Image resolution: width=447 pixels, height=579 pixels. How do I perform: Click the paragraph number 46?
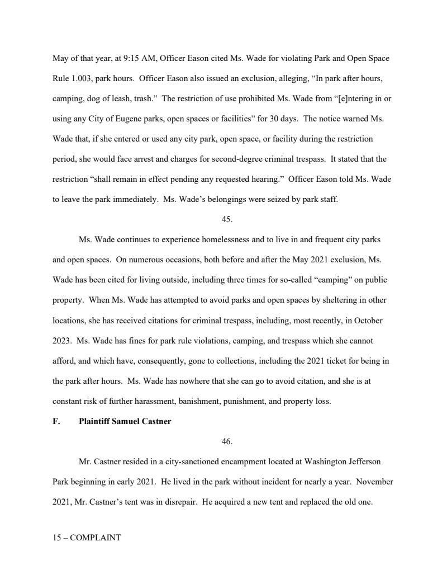(x=227, y=441)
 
